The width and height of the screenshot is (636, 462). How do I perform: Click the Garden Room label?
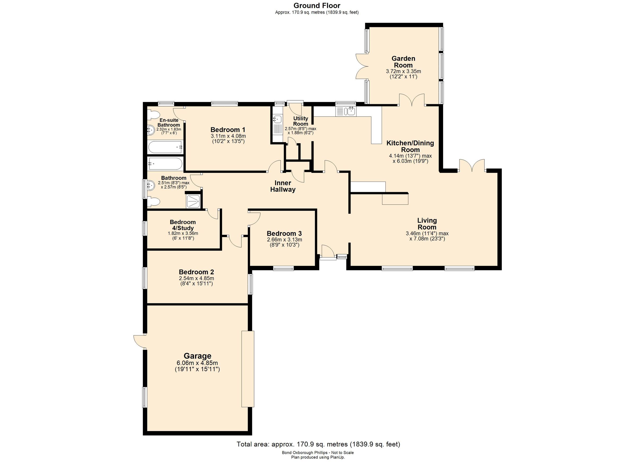pos(403,62)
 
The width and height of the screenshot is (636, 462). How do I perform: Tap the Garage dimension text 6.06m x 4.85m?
pos(197,363)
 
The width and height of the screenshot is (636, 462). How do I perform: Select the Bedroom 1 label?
pos(228,130)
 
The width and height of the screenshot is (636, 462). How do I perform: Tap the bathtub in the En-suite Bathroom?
pos(165,147)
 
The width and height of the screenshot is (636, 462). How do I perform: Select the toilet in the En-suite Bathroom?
pos(153,115)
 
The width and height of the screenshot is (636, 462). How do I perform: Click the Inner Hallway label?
pos(283,186)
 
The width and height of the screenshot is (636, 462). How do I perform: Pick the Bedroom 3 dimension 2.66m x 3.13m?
pos(284,240)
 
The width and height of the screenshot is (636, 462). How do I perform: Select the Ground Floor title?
pos(317,5)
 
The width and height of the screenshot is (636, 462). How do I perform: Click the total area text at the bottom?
pos(318,444)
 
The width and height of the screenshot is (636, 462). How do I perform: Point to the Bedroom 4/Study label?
pos(183,225)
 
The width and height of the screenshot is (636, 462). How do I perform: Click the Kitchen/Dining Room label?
pos(410,146)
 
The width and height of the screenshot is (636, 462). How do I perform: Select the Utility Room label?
pos(300,121)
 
